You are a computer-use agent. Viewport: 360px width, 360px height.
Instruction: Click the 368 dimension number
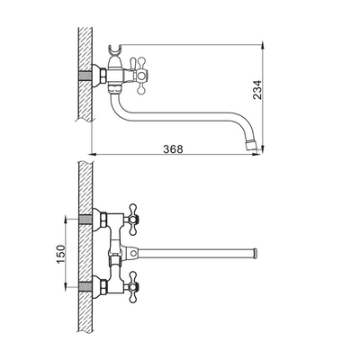pyautogui.click(x=173, y=148)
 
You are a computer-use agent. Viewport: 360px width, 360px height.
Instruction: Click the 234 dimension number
pyautogui.click(x=257, y=90)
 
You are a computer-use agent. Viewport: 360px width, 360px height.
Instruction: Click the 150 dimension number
pyautogui.click(x=61, y=255)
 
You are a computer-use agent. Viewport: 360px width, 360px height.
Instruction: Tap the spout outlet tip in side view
pyautogui.click(x=251, y=145)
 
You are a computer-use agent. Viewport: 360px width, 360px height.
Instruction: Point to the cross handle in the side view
pyautogui.click(x=140, y=76)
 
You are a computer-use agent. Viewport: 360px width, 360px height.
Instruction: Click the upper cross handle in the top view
pyautogui.click(x=132, y=220)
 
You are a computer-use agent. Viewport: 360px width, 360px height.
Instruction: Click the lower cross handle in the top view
pyautogui.click(x=132, y=286)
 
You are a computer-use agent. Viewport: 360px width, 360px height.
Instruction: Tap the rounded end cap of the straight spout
pyautogui.click(x=256, y=254)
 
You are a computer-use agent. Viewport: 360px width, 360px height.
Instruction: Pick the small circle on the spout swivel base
pyautogui.click(x=133, y=254)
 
